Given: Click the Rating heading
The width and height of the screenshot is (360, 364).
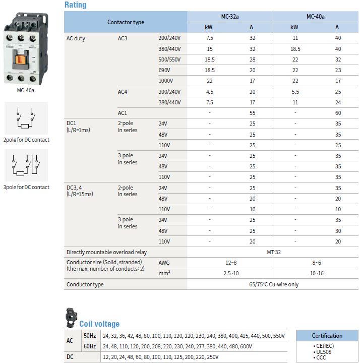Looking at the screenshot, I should click(75, 5).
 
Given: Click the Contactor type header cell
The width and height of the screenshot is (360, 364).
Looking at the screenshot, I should click(126, 22).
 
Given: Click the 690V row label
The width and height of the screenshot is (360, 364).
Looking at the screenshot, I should click(165, 70).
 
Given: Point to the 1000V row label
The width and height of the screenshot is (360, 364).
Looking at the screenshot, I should click(166, 81).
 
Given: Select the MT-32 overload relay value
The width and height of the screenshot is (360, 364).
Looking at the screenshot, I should click(273, 252).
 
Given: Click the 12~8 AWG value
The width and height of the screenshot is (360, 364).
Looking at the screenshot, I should click(230, 263).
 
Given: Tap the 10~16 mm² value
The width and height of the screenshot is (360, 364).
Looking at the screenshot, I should click(316, 273).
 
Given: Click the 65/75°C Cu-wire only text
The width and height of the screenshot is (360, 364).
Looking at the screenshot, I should click(273, 284).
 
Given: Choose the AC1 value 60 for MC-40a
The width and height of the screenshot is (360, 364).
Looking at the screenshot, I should click(337, 113).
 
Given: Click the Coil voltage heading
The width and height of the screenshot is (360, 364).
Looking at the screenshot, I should click(99, 324).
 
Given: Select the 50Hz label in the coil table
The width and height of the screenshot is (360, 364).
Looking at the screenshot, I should click(89, 336).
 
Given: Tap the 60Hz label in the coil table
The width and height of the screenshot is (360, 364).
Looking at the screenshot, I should click(89, 346).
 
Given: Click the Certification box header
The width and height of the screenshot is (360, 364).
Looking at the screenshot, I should click(327, 336).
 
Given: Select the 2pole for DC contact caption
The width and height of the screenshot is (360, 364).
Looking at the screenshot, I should click(26, 140).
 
